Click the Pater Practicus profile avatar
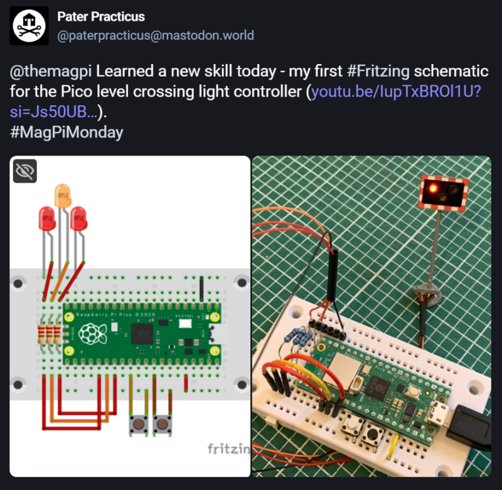point(29,26)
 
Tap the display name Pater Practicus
point(100,17)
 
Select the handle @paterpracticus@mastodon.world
point(156,36)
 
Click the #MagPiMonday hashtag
point(66,132)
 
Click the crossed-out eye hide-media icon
point(25,171)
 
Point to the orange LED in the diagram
point(63,195)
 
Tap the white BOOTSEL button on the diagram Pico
point(185,324)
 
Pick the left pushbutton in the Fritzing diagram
point(139,425)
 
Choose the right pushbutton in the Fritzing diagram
point(163,425)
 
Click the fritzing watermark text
point(226,449)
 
